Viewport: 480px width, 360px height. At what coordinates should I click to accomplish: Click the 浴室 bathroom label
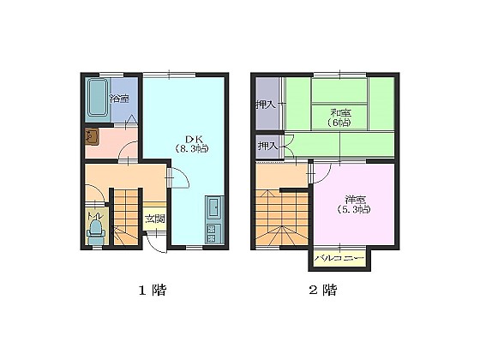point(119,99)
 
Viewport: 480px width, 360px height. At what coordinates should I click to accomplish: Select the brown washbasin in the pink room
point(92,136)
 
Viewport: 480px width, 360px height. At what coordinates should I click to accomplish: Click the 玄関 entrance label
point(155,219)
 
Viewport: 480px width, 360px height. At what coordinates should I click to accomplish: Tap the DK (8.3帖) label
point(192,144)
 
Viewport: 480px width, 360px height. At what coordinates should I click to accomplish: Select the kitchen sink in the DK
point(215,208)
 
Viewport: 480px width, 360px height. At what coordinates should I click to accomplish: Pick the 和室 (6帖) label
point(340,117)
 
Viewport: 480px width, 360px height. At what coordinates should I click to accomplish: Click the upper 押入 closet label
point(266,105)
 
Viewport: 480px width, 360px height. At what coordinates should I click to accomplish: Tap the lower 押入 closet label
point(267,146)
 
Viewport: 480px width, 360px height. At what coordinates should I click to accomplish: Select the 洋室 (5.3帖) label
point(355,205)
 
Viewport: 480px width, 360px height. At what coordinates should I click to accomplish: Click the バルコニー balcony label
point(339,258)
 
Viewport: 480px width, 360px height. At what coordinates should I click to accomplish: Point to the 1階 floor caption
point(153,290)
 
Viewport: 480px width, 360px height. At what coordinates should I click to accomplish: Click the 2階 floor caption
point(322,290)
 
